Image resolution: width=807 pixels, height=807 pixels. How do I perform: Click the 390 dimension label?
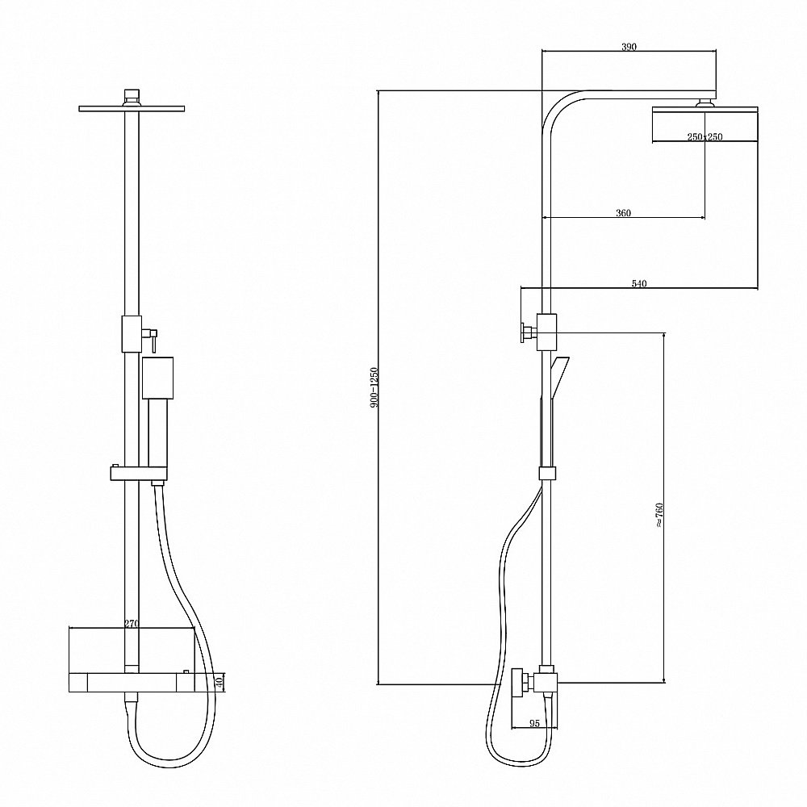click(x=629, y=47)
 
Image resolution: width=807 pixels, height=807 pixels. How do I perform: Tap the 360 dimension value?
click(x=623, y=213)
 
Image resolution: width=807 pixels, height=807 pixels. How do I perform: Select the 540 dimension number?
click(x=638, y=283)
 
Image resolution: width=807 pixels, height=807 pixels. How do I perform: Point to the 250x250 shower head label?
click(x=705, y=137)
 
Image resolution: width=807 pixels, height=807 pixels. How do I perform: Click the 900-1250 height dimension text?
click(x=374, y=387)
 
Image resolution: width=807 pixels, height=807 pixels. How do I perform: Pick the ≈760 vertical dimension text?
click(x=659, y=515)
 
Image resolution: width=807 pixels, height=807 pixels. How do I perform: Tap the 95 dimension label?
click(x=534, y=723)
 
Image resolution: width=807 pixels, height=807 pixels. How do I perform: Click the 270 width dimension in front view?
click(x=132, y=624)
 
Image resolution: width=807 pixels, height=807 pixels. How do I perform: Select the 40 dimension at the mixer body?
click(x=219, y=683)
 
